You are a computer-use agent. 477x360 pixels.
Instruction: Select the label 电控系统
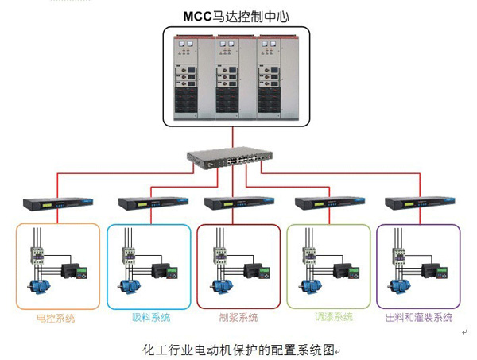[56, 319]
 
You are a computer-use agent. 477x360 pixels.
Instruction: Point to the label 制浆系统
[238, 319]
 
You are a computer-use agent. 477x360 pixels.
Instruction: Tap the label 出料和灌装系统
[418, 318]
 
